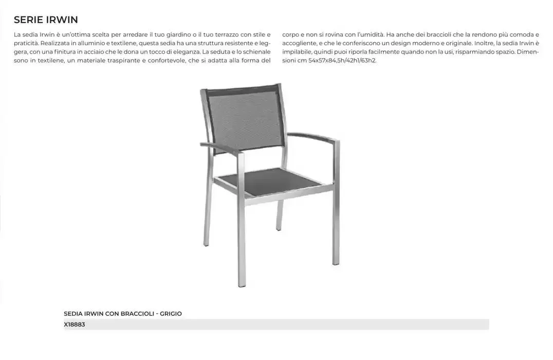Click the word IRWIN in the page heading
[62, 20]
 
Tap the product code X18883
[75, 325]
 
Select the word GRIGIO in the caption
[171, 314]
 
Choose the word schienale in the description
[257, 52]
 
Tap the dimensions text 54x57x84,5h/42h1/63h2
[342, 61]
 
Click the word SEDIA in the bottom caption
[73, 314]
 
